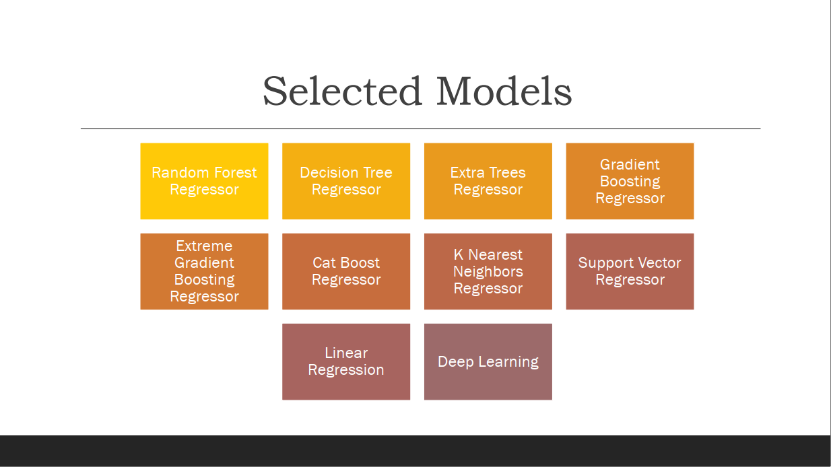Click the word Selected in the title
click(x=342, y=92)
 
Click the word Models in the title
click(x=504, y=92)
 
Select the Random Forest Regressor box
click(x=204, y=181)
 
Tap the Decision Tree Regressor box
click(x=346, y=181)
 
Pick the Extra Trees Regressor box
click(x=488, y=181)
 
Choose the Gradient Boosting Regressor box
click(x=630, y=181)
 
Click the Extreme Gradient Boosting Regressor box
click(x=204, y=271)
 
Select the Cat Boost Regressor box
click(x=346, y=271)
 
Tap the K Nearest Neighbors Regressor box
click(x=488, y=271)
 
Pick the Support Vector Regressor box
click(x=630, y=271)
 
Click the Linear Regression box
click(x=346, y=361)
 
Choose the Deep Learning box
click(x=488, y=361)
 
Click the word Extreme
click(x=204, y=246)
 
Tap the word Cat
click(x=323, y=263)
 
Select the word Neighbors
click(x=488, y=272)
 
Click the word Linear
click(x=346, y=353)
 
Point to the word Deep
click(x=455, y=362)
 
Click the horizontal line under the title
click(x=420, y=129)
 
